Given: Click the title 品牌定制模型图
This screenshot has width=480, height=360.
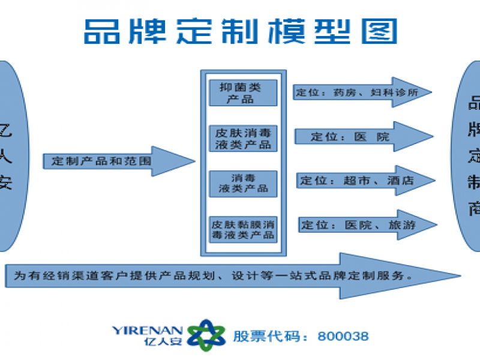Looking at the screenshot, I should pos(240,29).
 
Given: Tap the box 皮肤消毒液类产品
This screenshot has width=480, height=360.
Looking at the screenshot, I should pos(243,137).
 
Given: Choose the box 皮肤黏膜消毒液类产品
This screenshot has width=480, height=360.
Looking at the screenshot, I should pos(243,229).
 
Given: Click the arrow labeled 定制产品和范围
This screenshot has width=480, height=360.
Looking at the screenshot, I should pos(114,161).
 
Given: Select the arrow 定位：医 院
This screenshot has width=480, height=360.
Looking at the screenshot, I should pos(360,137).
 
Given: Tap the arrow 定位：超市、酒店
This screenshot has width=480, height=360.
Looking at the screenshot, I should pos(362,181).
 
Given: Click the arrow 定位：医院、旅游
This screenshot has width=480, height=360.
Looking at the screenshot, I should pos(362,225).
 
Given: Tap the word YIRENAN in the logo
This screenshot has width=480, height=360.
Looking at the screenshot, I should pos(146,329).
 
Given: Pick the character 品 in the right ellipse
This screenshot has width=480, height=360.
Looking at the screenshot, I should pos(475,103).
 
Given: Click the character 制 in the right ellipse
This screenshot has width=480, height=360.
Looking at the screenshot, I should pos(475,182).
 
